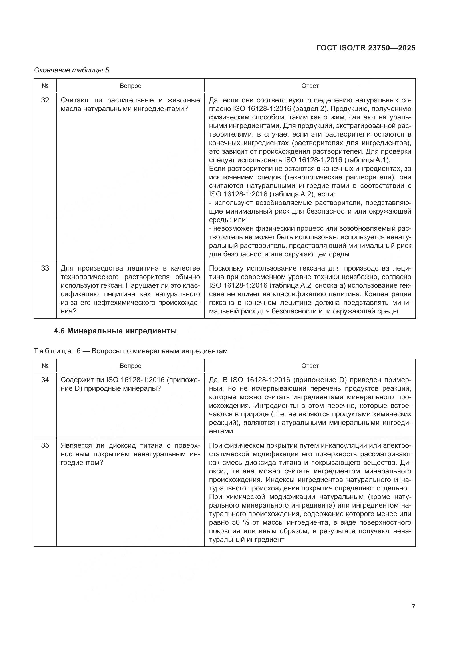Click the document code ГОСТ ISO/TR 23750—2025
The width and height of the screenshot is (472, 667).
[366, 48]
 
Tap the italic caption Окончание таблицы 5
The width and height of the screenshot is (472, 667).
[72, 70]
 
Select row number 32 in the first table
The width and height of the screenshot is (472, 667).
[45, 100]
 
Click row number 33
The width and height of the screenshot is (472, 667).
[45, 268]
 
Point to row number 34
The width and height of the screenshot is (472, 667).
[45, 380]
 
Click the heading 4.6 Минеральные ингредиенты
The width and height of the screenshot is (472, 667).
[115, 331]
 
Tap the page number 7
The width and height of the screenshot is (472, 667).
[413, 607]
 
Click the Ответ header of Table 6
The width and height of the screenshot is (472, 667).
[310, 366]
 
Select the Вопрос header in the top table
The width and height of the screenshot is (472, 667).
[130, 86]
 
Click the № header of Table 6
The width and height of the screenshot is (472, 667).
[45, 366]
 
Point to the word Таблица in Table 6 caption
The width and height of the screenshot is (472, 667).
[53, 351]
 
